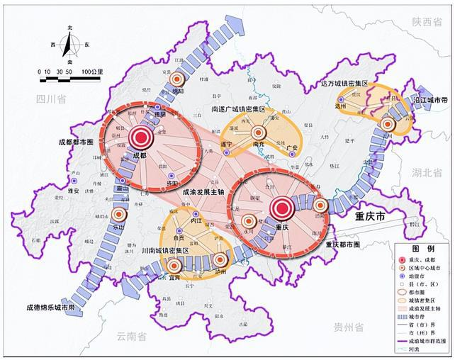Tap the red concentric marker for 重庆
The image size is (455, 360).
(x=281, y=208)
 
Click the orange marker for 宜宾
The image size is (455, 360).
(x=174, y=266)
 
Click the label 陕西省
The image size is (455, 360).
(x=432, y=22)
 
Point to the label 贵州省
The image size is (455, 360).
(x=348, y=327)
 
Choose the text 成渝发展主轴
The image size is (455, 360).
(x=204, y=191)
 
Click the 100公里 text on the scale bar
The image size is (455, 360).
(x=91, y=72)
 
